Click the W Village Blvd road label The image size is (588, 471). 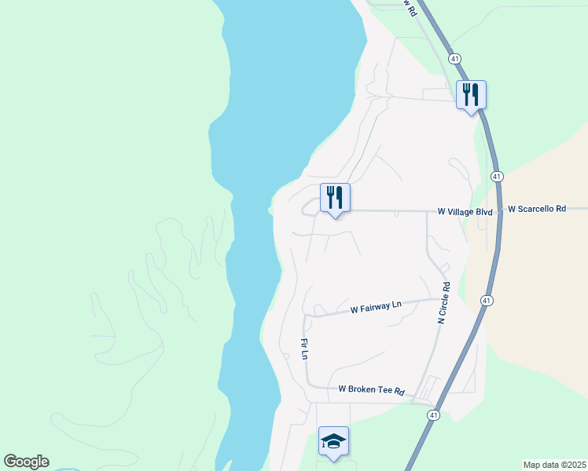click(x=465, y=212)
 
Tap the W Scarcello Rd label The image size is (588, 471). click(x=537, y=210)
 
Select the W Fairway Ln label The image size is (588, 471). click(x=376, y=306)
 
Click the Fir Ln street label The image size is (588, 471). click(x=303, y=349)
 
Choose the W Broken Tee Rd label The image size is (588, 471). click(x=371, y=390)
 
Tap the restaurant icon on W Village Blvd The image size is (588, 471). click(x=335, y=197)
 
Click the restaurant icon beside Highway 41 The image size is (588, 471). click(x=471, y=94)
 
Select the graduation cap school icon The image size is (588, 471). click(x=333, y=441)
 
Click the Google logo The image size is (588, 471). click(x=26, y=462)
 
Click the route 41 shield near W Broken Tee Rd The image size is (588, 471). click(x=433, y=414)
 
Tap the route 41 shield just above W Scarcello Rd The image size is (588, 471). click(x=497, y=177)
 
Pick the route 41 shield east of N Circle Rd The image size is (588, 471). click(x=487, y=301)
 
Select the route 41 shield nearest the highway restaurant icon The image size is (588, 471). click(x=455, y=59)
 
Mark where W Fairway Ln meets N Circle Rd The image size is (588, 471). click(x=438, y=299)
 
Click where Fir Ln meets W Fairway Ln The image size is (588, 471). click(x=305, y=316)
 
